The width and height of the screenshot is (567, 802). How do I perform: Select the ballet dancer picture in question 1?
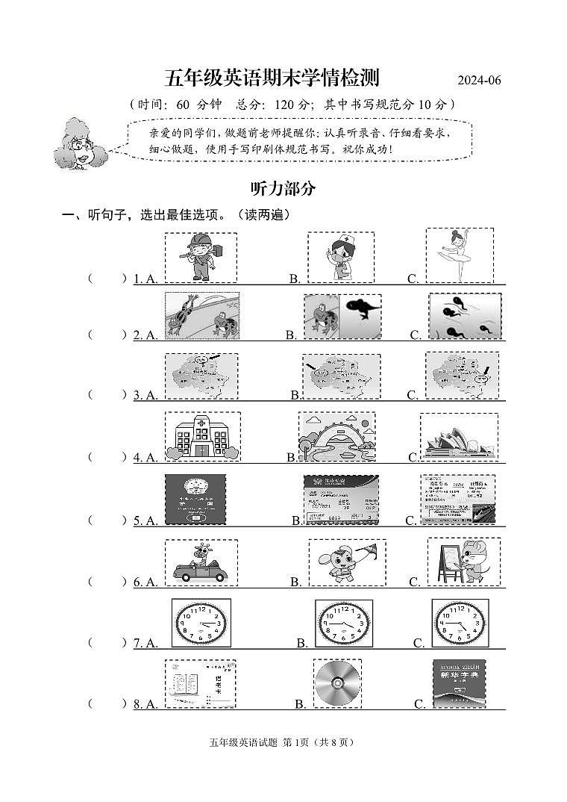click(458, 255)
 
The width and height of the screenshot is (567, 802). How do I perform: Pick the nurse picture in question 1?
click(340, 257)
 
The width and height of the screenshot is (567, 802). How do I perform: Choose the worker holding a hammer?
click(200, 257)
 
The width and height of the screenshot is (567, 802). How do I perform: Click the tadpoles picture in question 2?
click(464, 317)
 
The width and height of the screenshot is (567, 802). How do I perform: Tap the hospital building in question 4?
click(201, 436)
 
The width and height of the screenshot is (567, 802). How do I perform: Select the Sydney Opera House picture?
click(458, 438)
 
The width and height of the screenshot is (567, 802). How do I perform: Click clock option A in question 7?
click(201, 622)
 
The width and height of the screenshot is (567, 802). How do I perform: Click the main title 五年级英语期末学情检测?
click(272, 78)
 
